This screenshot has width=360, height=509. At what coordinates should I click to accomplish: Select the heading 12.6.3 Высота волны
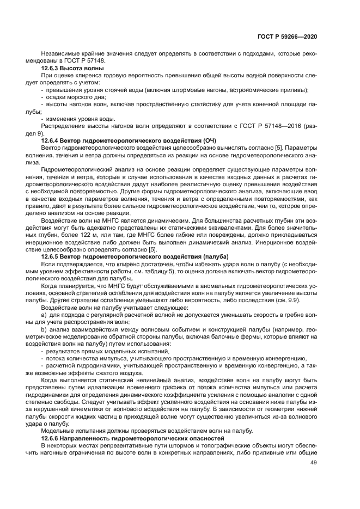pos(72,69)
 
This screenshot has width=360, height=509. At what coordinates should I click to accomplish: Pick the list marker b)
pos(44,330)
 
